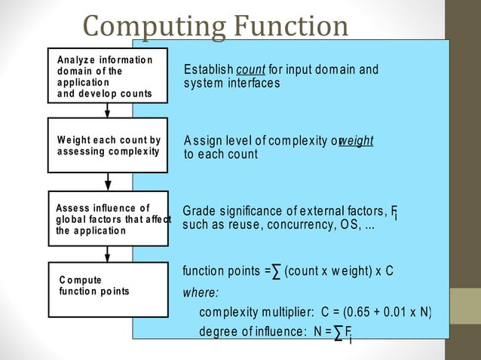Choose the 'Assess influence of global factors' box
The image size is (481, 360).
click(108, 218)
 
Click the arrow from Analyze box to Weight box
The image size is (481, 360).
click(108, 111)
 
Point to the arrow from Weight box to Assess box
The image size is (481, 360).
click(108, 182)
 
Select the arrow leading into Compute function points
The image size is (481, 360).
click(108, 254)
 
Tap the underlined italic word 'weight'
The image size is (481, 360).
click(357, 141)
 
